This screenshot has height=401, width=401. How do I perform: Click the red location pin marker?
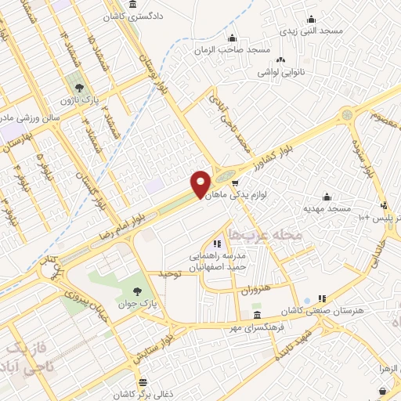201,184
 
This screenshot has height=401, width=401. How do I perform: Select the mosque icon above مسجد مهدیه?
327,197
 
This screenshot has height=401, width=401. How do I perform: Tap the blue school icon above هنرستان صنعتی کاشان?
320,299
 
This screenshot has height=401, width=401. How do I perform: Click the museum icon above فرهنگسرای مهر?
258,315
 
